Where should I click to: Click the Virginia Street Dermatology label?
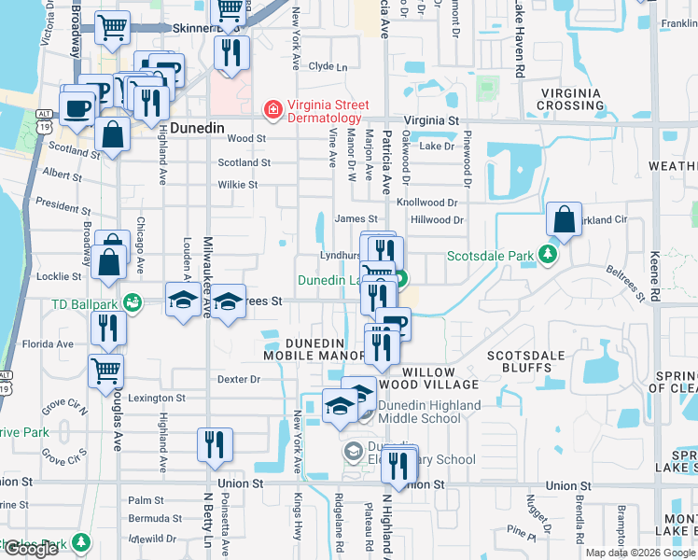[324, 112]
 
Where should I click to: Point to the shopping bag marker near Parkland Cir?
[565, 223]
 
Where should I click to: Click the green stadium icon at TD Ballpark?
[133, 302]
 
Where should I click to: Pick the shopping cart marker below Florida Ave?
[105, 371]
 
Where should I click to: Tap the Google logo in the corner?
[31, 549]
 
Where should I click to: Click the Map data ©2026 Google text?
[640, 553]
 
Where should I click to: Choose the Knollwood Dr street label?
[427, 202]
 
